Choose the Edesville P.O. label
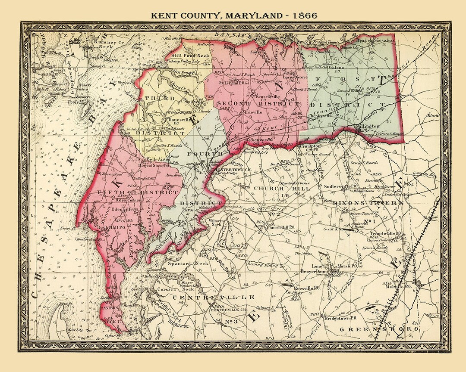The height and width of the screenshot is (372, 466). tap(124, 209)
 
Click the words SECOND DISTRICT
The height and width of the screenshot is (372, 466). tap(257, 104)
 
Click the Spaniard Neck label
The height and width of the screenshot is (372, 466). tap(189, 263)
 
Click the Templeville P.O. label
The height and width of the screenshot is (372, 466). tap(386, 233)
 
